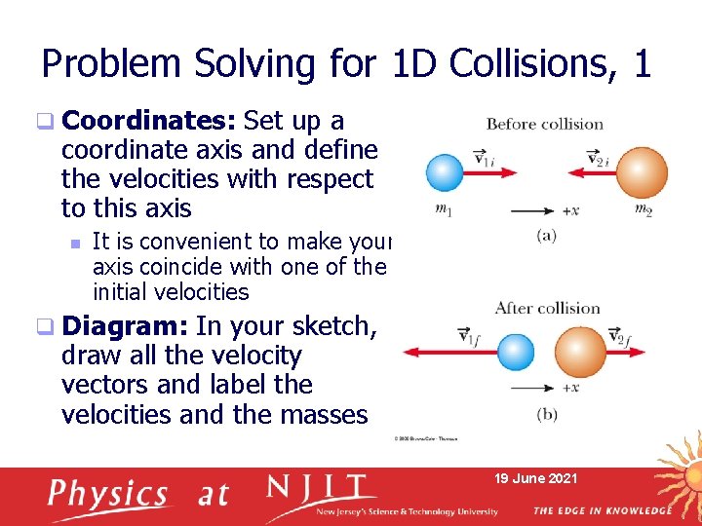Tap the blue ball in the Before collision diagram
coord(445,173)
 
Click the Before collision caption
coord(544,124)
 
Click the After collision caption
coord(547,308)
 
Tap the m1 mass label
coord(444,209)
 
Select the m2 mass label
coord(643,209)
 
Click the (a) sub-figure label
coord(546,235)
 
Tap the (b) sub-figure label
coord(547,414)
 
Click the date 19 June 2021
coord(537,478)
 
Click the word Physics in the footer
coord(108,494)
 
